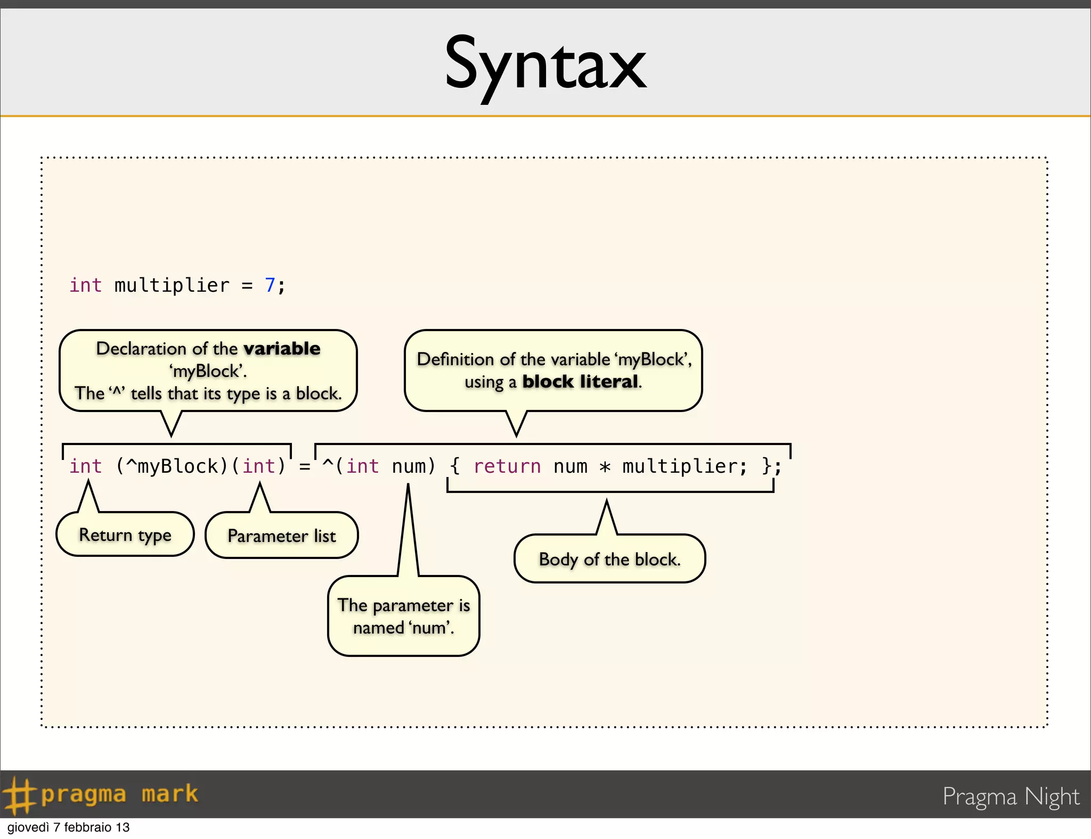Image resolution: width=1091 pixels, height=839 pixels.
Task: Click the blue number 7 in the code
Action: coord(270,285)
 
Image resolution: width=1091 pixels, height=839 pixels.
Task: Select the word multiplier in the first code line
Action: coord(172,285)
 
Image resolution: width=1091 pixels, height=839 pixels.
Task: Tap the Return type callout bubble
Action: coord(125,534)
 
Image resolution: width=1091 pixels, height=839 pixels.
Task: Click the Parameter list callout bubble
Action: coord(281,536)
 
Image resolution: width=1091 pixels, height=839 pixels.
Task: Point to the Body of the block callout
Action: coord(609,559)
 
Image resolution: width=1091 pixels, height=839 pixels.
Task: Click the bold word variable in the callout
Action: coord(282,349)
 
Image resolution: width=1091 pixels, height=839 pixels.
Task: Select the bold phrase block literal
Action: coord(580,382)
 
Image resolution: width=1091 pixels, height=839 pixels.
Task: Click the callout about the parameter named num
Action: coord(403,616)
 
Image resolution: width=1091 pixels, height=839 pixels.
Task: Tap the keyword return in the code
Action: coord(507,466)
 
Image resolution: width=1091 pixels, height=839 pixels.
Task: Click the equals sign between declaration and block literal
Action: coord(305,467)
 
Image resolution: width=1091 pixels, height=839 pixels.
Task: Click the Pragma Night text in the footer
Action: coord(1011,796)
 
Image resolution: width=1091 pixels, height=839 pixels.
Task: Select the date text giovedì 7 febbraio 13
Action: coord(68,827)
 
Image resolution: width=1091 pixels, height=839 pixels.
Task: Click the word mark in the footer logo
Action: coord(169,794)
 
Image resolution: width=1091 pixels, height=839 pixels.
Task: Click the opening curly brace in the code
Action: coord(454,466)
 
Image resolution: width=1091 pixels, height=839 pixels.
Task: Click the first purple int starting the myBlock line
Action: coord(85,466)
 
